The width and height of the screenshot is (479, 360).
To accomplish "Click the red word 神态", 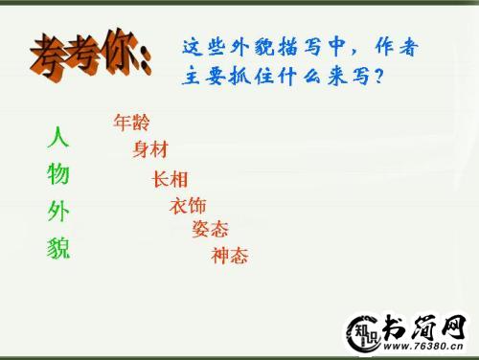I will [x=230, y=256].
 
